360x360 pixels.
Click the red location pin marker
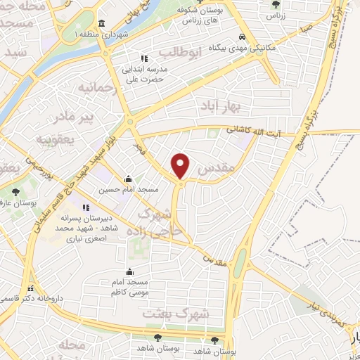[181, 165]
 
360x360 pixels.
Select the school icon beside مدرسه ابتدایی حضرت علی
[143, 58]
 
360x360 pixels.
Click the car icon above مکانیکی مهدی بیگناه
[242, 37]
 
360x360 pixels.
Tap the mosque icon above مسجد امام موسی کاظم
[128, 271]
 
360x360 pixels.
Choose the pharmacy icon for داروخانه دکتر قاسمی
[30, 288]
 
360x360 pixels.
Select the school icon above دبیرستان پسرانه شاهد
[86, 208]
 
